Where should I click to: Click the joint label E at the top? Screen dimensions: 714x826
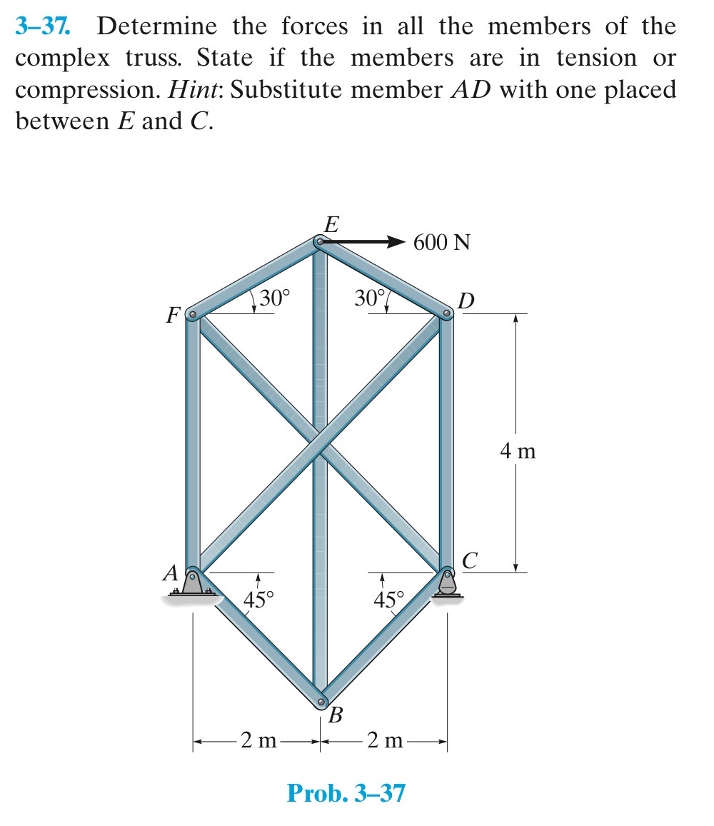coord(331,224)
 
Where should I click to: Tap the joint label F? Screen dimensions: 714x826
coord(171,315)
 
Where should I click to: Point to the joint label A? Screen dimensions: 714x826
coord(171,572)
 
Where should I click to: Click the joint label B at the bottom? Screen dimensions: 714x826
coord(336,715)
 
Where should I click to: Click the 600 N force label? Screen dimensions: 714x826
coord(442,243)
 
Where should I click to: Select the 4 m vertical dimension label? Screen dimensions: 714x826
coord(518,451)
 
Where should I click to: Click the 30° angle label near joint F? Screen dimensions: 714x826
coord(275,298)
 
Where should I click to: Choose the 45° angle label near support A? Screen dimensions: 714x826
coord(258,598)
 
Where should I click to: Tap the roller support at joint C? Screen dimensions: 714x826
coord(447,583)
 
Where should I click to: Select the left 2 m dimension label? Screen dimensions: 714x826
coord(258,740)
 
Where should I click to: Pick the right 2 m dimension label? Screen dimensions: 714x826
coord(385,740)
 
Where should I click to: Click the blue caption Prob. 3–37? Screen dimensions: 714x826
coord(346,792)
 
